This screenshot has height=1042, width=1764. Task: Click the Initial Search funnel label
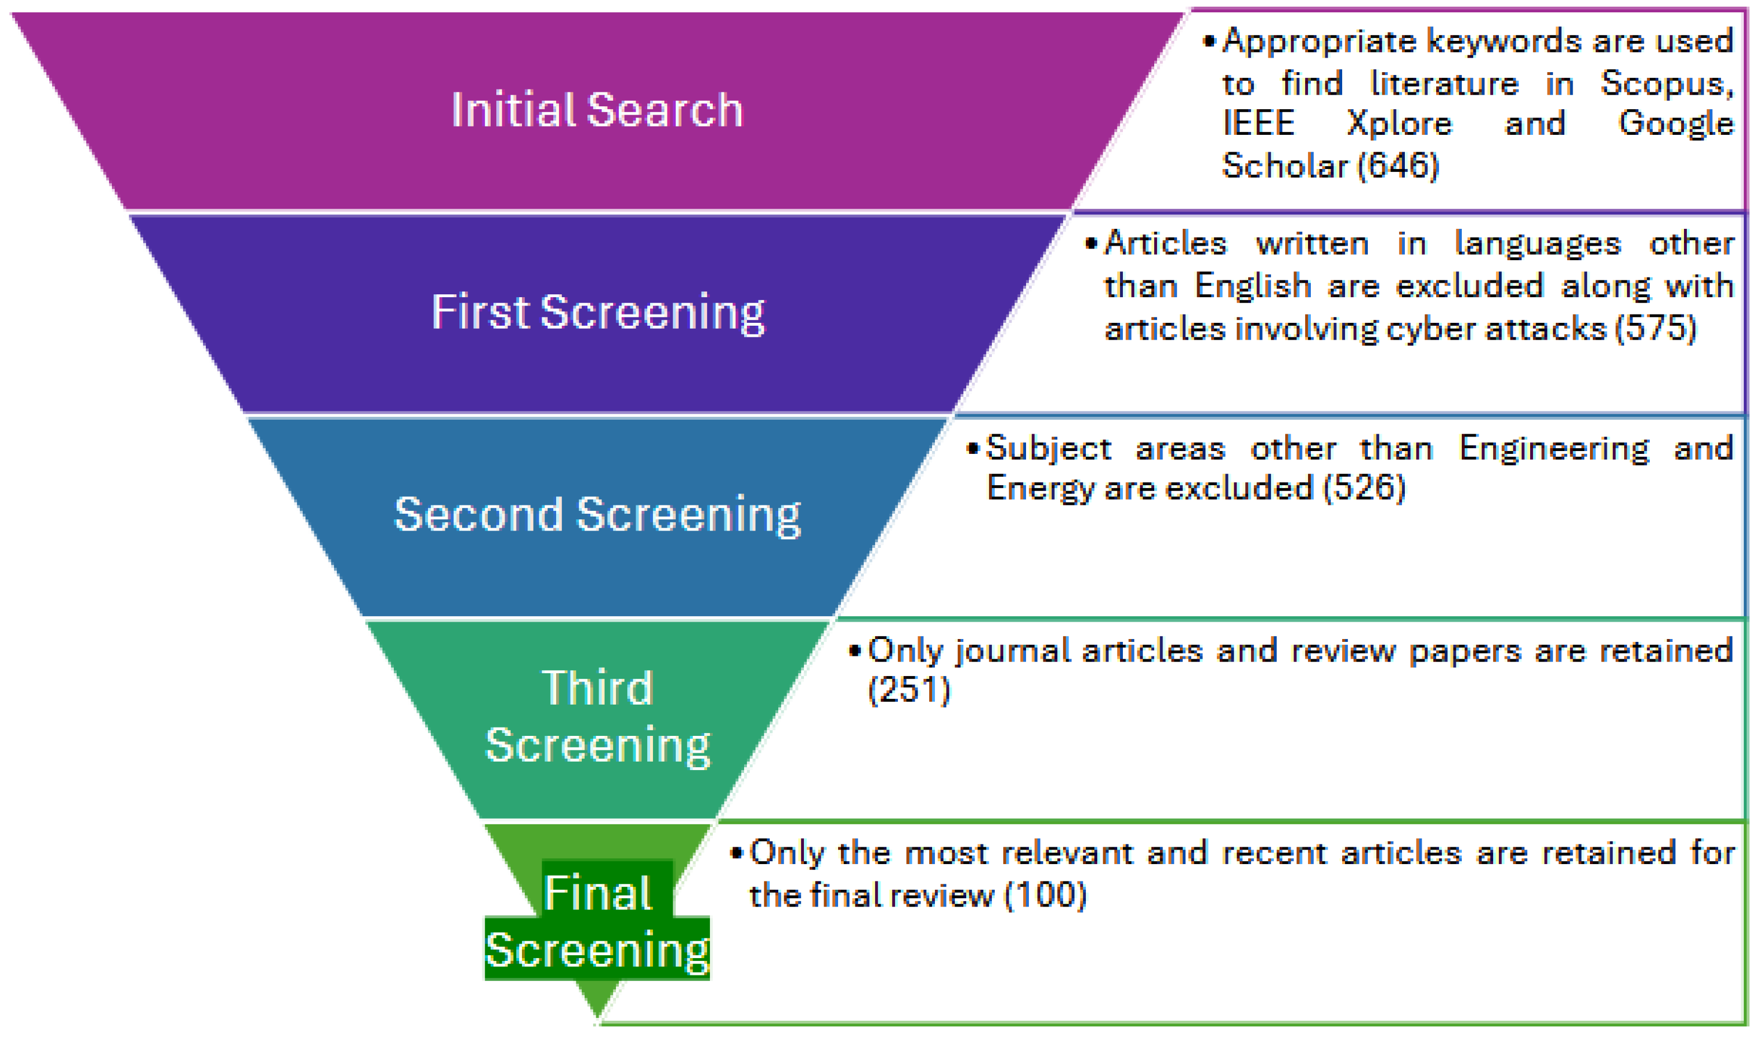pyautogui.click(x=596, y=110)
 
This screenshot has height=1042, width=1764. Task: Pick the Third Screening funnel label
pyautogui.click(x=598, y=716)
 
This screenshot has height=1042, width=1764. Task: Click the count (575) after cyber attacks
pyautogui.click(x=1655, y=328)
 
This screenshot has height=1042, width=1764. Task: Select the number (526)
pyautogui.click(x=1363, y=488)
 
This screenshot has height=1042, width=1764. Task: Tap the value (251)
pyautogui.click(x=909, y=690)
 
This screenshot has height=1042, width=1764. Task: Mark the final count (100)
pyautogui.click(x=1045, y=895)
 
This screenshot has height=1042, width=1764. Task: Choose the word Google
pyautogui.click(x=1675, y=124)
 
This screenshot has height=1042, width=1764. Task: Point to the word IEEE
pyautogui.click(x=1258, y=124)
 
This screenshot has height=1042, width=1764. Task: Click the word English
pyautogui.click(x=1253, y=287)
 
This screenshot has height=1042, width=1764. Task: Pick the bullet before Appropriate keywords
pyautogui.click(x=1209, y=41)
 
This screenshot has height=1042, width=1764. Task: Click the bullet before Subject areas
pyautogui.click(x=972, y=449)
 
